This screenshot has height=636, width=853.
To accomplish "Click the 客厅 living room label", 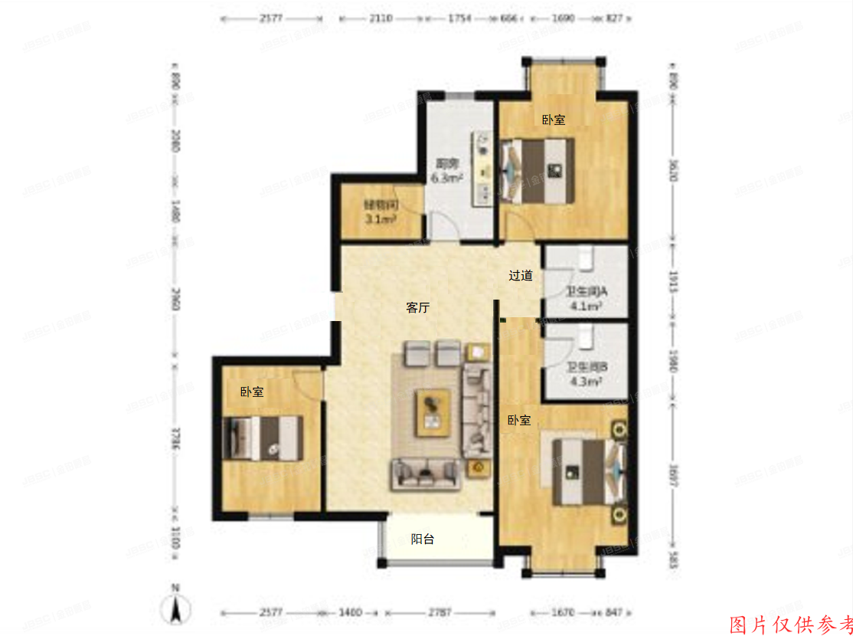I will (417, 308).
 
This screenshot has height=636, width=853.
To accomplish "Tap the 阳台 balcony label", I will (423, 539).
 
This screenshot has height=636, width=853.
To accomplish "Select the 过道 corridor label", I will (521, 275).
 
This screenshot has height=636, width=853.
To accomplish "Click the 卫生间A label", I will (586, 292).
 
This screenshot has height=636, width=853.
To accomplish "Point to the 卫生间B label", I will (587, 367).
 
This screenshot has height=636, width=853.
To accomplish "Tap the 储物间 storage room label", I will (380, 205).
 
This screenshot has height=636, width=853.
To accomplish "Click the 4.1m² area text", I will (586, 306).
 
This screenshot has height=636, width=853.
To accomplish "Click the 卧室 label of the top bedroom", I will (554, 120).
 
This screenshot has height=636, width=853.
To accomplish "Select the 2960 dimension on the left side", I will (175, 300).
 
